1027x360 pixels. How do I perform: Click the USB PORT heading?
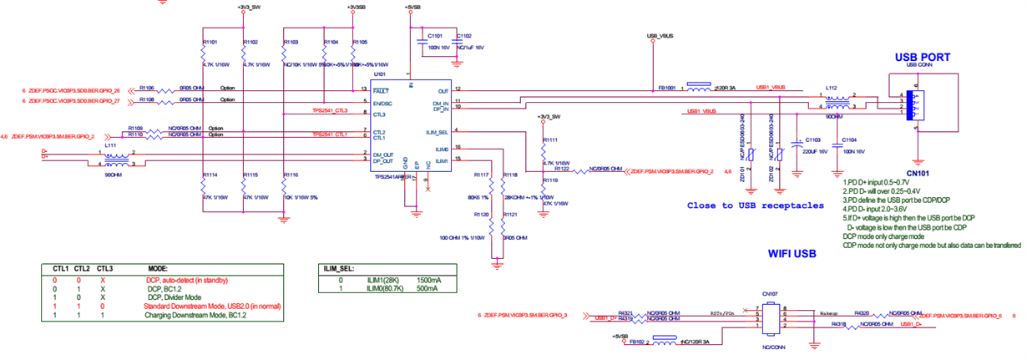point(922,58)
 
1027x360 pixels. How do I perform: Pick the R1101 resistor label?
point(210,41)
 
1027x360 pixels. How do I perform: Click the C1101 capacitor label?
point(435,36)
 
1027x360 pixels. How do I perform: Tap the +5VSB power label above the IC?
point(411,8)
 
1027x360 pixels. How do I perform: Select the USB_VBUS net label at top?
point(660,36)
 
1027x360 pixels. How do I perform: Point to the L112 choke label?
point(830,87)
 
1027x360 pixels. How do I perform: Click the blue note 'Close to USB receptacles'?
point(756,205)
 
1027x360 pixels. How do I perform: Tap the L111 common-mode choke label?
point(109,145)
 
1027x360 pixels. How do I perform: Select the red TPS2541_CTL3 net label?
point(330,109)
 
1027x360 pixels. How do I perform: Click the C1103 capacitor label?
point(811,139)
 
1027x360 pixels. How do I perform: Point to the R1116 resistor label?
point(290,175)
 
